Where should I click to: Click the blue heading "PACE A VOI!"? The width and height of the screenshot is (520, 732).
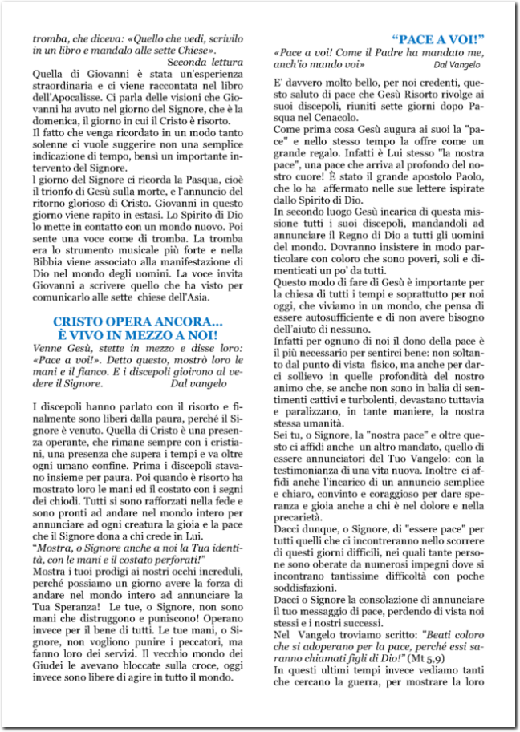coord(440,38)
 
